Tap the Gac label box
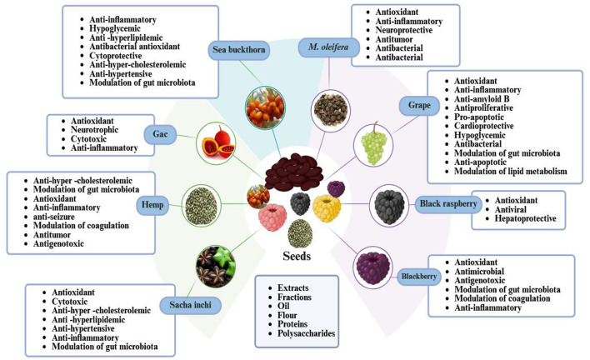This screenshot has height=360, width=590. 157,133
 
